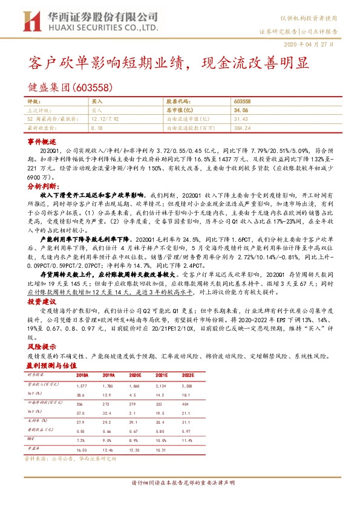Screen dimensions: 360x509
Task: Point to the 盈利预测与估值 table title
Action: (x=51, y=365)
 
